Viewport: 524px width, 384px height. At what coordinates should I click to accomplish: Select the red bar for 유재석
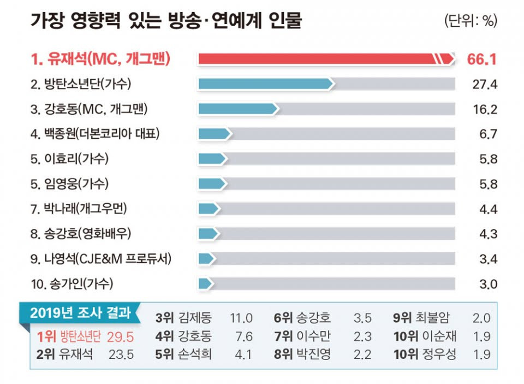325,59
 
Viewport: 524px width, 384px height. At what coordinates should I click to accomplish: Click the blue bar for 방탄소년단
265,84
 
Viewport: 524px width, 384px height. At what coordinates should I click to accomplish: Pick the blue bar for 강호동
238,109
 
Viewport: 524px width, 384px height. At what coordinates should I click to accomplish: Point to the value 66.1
482,59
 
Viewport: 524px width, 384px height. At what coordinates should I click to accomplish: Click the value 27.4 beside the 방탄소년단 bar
485,84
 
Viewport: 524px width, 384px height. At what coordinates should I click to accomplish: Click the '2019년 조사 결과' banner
81,313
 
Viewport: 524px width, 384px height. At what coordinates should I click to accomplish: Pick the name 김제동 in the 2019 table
195,318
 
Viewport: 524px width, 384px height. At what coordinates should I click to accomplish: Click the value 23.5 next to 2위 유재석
122,354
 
